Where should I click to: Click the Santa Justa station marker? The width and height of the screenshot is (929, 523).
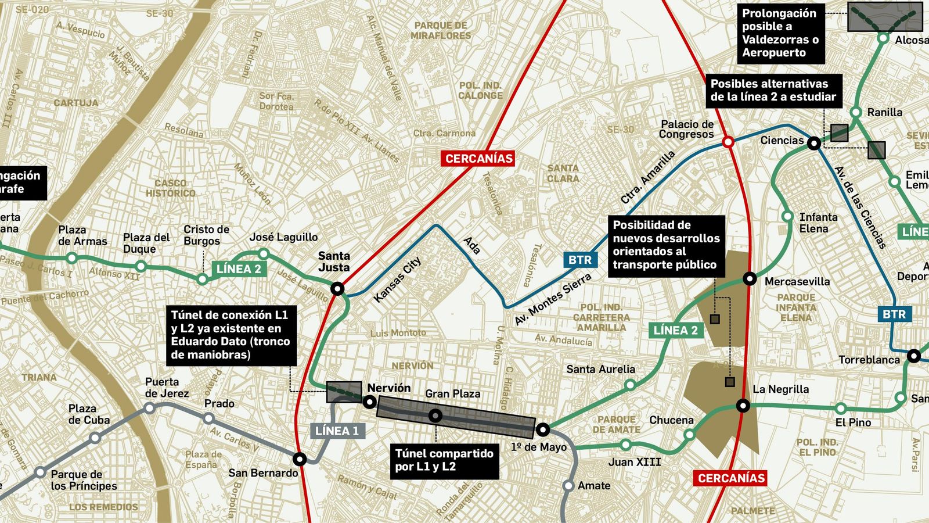337,289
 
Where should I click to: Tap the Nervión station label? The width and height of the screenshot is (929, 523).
389,388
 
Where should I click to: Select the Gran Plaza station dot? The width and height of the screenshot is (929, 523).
435,415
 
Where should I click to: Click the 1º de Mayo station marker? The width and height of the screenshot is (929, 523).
543,430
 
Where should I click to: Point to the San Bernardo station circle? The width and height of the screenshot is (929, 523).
300,459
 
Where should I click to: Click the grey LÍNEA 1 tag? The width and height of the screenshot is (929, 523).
337,431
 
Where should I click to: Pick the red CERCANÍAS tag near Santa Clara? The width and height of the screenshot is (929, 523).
479,158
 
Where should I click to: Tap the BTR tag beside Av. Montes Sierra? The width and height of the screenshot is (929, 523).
580,260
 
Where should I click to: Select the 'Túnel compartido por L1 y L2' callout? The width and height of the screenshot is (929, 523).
444,460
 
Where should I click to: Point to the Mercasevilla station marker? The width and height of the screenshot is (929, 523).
750,278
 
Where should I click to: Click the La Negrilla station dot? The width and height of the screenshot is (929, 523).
743,405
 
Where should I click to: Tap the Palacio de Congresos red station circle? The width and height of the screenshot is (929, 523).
728,142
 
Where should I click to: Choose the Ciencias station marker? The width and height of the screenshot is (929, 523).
815,142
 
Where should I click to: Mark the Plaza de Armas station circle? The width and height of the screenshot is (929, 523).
72,258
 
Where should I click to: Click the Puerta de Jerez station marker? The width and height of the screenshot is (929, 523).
149,409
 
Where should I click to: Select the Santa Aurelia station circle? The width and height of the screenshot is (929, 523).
630,385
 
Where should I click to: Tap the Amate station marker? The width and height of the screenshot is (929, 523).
568,486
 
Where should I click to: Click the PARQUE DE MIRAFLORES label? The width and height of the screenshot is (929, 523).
441,30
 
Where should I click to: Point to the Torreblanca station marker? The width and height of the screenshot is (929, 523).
914,356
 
